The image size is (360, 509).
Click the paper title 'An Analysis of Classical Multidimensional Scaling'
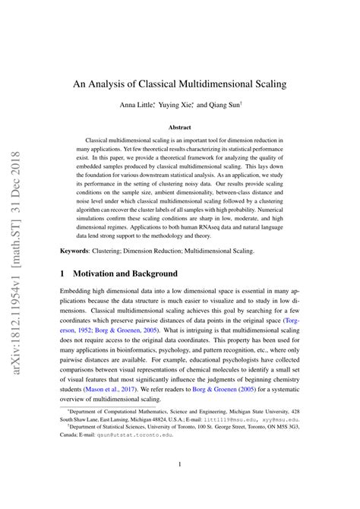(179, 84)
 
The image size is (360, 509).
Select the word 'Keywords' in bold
(75, 250)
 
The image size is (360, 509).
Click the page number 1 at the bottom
(179, 464)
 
